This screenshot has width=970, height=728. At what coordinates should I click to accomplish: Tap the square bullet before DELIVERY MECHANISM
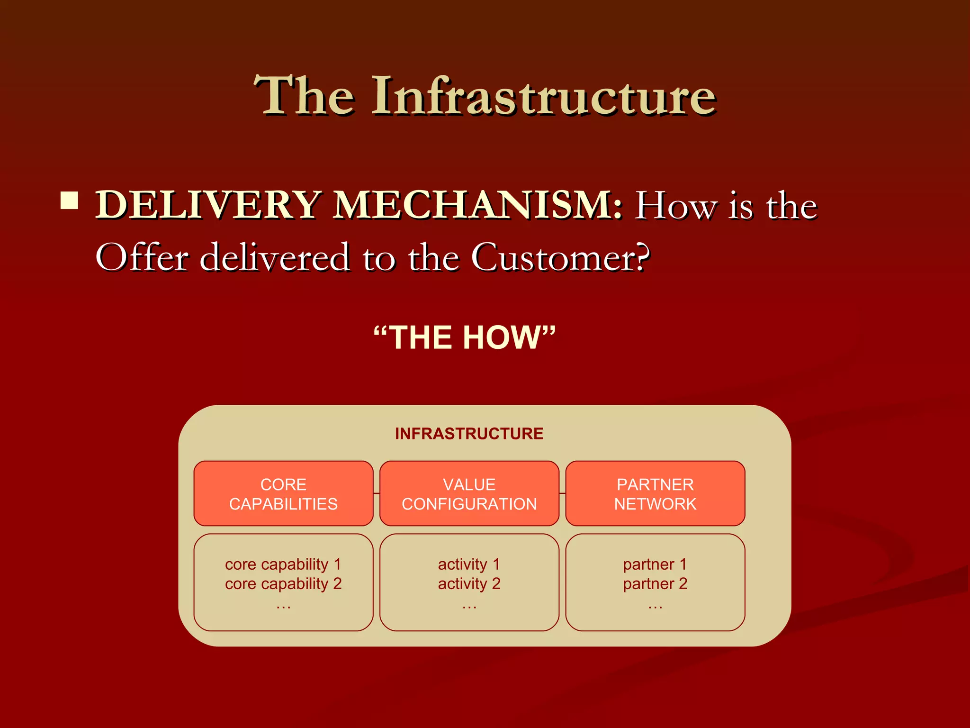(x=70, y=200)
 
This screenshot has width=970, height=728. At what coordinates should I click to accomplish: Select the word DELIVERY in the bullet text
(x=209, y=205)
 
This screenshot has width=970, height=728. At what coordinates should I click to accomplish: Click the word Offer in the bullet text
(x=142, y=257)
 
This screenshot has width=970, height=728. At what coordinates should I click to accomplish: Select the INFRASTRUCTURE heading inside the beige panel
(x=469, y=434)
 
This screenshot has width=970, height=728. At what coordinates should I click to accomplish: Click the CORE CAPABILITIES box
(x=283, y=493)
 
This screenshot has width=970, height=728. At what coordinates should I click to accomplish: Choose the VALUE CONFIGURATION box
(x=469, y=493)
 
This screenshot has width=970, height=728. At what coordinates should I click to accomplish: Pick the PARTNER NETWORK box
(x=655, y=493)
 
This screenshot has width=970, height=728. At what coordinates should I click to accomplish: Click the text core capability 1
(x=283, y=564)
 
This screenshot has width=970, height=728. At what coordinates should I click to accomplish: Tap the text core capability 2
(x=283, y=584)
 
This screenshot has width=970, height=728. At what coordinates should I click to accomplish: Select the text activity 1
(x=469, y=564)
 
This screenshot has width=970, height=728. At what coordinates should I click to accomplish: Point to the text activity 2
(x=469, y=584)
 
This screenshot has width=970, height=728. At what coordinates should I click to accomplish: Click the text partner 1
(x=655, y=564)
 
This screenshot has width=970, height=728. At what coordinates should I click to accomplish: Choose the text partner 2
(x=655, y=584)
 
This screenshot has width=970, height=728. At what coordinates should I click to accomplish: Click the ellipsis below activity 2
(x=469, y=606)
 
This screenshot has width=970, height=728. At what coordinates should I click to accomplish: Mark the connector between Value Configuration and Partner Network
(x=562, y=493)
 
